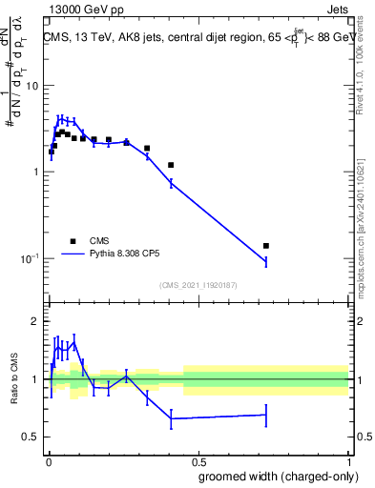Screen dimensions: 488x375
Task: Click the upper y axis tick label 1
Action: point(36,173)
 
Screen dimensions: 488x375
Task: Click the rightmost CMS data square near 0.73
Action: point(266,246)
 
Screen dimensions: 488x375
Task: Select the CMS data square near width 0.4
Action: point(171,165)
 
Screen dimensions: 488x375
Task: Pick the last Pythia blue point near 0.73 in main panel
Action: point(266,261)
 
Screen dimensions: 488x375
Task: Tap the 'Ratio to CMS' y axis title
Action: point(12,379)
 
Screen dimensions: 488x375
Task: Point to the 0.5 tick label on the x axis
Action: point(198,459)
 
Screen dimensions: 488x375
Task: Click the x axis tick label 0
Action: point(48,459)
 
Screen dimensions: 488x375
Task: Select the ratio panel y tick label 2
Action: point(36,321)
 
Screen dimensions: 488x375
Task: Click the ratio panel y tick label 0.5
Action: point(32,437)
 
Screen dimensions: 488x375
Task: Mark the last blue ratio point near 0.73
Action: point(266,415)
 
